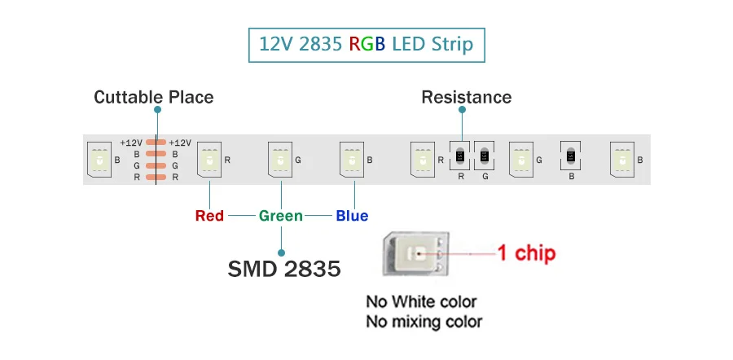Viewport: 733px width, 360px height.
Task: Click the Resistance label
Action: click(x=466, y=98)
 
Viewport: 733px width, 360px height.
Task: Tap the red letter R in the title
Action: click(x=355, y=44)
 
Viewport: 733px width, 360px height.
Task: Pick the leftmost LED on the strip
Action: click(x=99, y=160)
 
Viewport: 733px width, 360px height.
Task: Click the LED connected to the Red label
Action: click(x=210, y=160)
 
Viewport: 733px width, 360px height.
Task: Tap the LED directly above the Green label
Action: click(x=281, y=160)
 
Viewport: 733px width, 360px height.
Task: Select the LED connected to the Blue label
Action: click(x=352, y=160)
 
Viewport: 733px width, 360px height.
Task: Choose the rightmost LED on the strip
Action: click(x=623, y=160)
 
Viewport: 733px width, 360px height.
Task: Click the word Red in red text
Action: click(x=209, y=216)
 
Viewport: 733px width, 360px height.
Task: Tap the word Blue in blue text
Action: click(x=352, y=216)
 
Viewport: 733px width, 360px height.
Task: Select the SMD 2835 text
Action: click(x=283, y=269)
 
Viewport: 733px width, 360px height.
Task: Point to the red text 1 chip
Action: click(x=526, y=253)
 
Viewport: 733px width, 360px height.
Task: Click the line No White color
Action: click(x=421, y=302)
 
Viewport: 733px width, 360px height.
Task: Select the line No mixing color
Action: click(x=424, y=322)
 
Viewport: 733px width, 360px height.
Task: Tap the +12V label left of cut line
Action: click(x=131, y=143)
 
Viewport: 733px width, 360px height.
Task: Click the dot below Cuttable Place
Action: click(x=156, y=109)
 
